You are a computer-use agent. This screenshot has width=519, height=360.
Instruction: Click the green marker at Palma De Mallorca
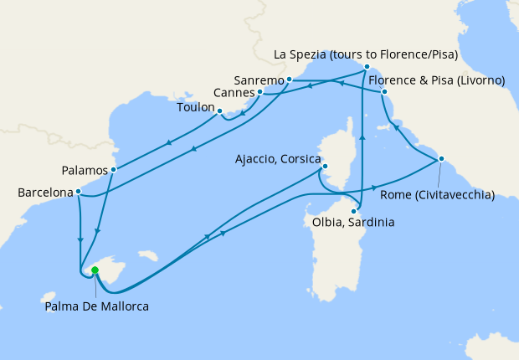coord(95,270)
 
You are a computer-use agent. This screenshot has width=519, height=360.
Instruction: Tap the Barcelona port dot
coord(78,192)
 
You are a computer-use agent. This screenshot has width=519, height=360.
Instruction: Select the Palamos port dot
coord(113,169)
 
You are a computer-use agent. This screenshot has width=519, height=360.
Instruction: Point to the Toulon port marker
coord(219,111)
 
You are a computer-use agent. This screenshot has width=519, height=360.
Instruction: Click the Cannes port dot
coord(260,91)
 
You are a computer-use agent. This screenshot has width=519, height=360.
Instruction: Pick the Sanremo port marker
coord(289,80)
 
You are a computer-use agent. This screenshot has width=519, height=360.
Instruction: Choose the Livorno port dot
coord(383,91)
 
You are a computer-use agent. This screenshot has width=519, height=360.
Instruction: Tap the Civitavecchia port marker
coord(441,159)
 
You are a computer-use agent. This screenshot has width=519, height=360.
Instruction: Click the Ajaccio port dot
coord(323,167)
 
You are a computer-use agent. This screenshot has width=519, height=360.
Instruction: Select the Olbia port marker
coord(353,211)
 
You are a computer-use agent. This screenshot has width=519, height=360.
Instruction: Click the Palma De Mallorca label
coord(97,307)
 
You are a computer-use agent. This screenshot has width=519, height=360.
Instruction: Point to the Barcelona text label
coord(45,193)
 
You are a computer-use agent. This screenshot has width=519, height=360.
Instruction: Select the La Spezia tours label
coord(366,55)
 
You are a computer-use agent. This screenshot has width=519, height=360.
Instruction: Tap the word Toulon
coord(195,109)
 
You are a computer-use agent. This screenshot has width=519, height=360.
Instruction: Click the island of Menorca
coord(148,254)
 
